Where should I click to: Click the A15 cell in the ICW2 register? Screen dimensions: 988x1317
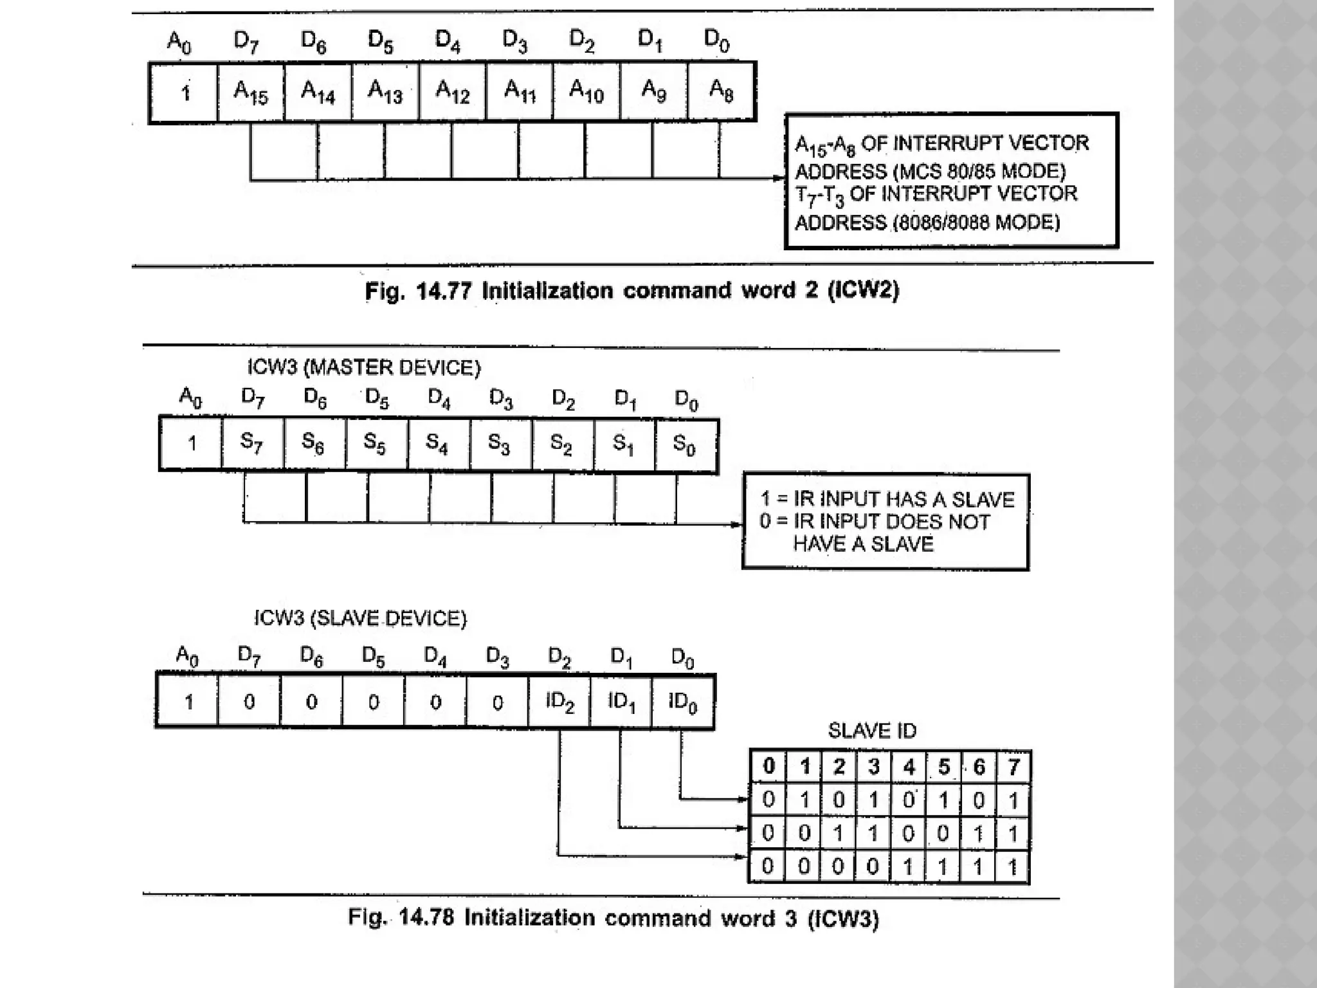click(x=251, y=92)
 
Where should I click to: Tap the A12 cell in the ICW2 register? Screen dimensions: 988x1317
click(x=452, y=92)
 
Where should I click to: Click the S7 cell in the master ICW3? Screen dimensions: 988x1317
click(x=251, y=443)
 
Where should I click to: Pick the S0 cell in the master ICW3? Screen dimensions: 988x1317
click(x=684, y=444)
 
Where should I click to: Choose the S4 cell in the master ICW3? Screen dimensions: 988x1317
click(x=437, y=444)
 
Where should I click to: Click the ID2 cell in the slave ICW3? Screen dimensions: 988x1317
click(x=559, y=702)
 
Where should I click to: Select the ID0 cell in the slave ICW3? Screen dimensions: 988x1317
click(x=683, y=702)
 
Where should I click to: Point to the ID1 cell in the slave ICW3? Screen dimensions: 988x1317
click(x=621, y=702)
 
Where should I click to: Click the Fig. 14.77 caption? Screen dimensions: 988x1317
click(x=631, y=291)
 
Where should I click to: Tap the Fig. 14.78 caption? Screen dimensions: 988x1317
click(x=613, y=918)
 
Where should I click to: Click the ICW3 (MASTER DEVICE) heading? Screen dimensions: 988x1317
click(x=364, y=368)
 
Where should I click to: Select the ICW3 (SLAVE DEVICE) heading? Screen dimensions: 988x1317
click(x=360, y=619)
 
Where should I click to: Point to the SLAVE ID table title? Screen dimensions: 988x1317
click(x=872, y=731)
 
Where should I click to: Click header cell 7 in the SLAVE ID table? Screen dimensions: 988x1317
click(x=1013, y=767)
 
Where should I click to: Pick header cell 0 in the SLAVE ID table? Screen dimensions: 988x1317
click(x=768, y=767)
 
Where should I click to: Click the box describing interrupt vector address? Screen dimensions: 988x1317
click(x=952, y=181)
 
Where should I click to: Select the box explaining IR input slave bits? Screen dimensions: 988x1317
click(x=886, y=522)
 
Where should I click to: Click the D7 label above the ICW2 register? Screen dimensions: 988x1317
click(x=246, y=42)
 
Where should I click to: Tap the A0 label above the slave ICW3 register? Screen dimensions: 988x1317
click(x=187, y=657)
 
